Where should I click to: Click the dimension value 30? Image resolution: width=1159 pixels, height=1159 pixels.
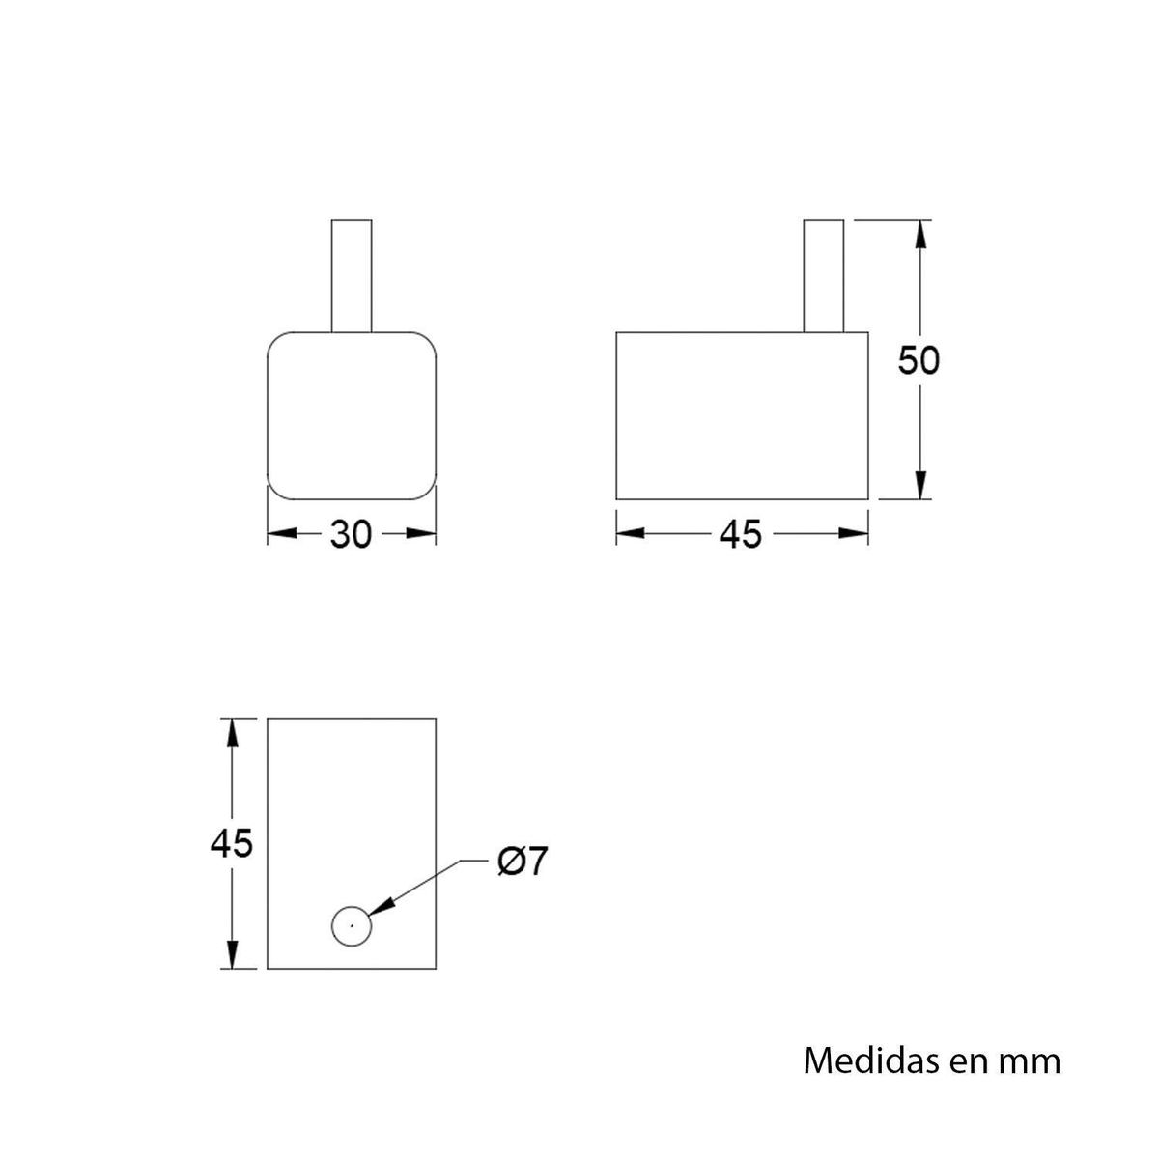[x=351, y=534]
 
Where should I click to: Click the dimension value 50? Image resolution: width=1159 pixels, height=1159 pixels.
[x=919, y=360]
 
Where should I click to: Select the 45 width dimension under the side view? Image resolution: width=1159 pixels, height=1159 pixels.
[x=741, y=534]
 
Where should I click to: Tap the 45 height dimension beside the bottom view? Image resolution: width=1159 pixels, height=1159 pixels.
[x=232, y=843]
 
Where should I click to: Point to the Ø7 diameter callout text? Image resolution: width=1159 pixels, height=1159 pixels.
[x=523, y=861]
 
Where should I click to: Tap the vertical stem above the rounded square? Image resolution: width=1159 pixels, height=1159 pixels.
[x=352, y=276]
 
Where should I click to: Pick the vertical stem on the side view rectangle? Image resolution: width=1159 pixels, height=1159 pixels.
[x=824, y=276]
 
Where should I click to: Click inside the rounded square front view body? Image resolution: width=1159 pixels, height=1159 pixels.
[x=352, y=416]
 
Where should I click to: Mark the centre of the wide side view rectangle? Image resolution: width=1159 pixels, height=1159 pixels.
[x=742, y=416]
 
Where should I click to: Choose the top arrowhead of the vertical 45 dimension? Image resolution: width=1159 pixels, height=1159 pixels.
[x=232, y=732]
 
